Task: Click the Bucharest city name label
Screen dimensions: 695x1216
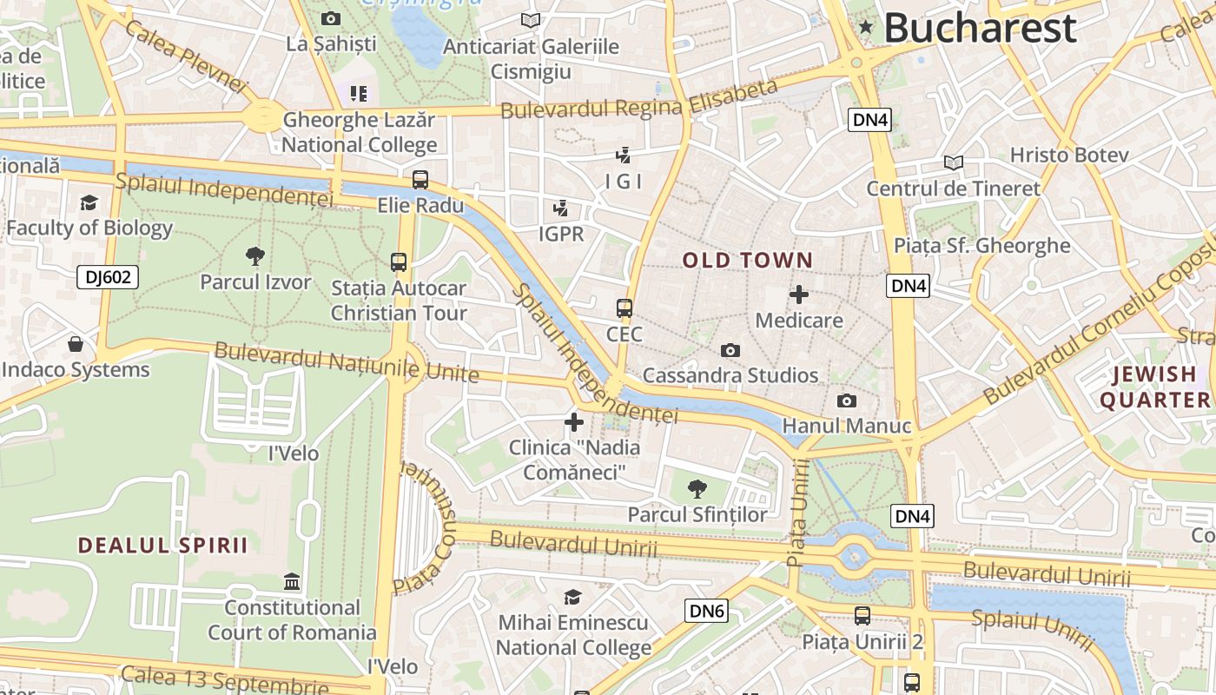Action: (x=980, y=28)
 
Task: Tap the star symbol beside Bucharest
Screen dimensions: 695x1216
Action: (x=865, y=28)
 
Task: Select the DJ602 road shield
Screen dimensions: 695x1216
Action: (x=109, y=277)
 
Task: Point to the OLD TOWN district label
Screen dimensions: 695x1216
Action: (x=747, y=260)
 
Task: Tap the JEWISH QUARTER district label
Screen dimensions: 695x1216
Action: (x=1154, y=387)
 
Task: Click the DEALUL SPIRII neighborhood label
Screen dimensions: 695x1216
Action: (x=162, y=546)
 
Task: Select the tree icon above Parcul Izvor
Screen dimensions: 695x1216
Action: (x=254, y=255)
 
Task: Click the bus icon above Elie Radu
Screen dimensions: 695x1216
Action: (x=420, y=180)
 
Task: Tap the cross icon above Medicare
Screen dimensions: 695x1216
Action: (x=799, y=295)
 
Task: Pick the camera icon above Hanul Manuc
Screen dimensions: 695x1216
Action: (x=846, y=400)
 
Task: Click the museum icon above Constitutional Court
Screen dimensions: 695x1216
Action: (x=292, y=581)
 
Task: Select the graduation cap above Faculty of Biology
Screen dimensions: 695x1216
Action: (x=89, y=202)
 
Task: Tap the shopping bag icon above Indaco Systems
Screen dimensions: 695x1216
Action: (x=76, y=344)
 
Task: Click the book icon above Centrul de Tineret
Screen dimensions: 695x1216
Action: (x=953, y=162)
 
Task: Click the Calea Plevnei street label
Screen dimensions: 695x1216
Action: (x=185, y=55)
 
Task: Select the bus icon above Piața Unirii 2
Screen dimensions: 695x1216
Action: (x=862, y=616)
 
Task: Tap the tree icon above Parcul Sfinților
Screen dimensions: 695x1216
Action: (x=697, y=489)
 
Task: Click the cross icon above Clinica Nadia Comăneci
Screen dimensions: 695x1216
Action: (x=574, y=422)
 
